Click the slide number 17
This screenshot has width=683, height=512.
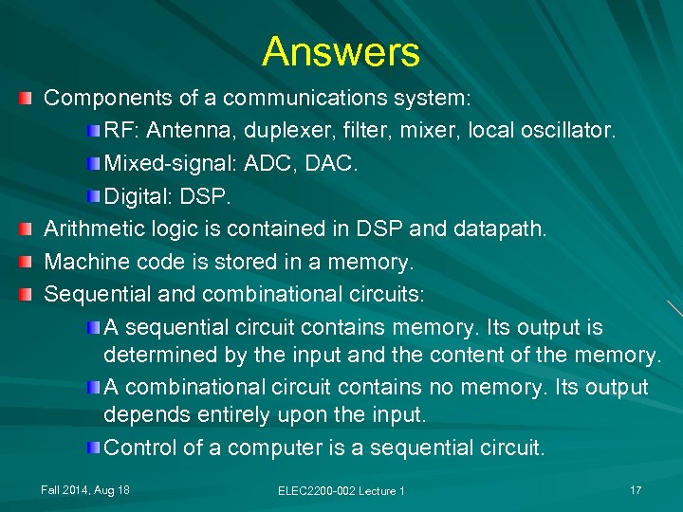(x=636, y=489)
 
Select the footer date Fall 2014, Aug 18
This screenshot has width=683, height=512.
(x=85, y=489)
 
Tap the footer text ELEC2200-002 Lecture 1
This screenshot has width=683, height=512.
(x=341, y=490)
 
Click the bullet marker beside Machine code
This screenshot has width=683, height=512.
(x=31, y=261)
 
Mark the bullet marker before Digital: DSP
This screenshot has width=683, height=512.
(x=90, y=196)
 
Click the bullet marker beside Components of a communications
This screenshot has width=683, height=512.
(x=31, y=98)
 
